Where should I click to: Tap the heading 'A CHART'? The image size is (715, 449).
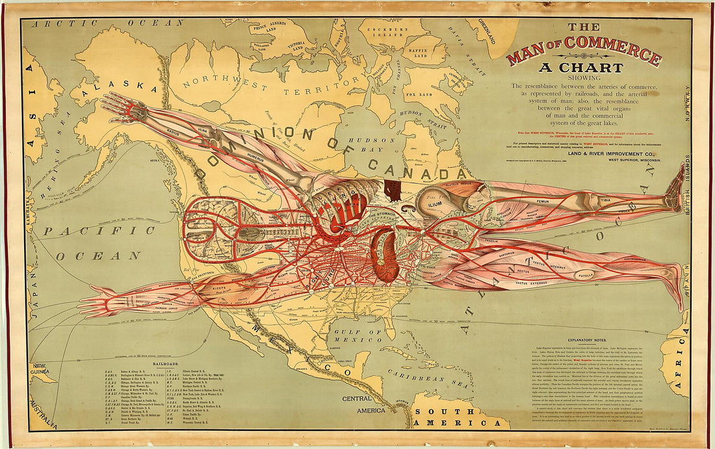584,68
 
